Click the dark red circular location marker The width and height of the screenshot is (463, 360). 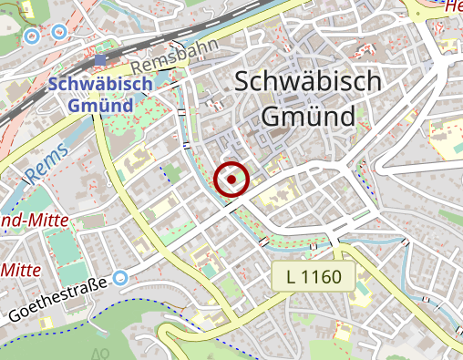tap(231, 180)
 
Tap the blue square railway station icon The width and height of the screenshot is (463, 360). tap(99, 61)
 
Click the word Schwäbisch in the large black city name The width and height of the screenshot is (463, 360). tap(307, 82)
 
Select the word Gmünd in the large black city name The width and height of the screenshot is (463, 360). tap(307, 117)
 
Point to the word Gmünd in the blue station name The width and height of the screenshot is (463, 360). tap(100, 104)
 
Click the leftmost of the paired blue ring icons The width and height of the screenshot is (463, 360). tap(31, 36)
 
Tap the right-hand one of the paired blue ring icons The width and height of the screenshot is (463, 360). tap(59, 32)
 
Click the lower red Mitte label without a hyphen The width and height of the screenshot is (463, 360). tap(25, 270)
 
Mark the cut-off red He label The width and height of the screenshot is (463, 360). tap(452, 7)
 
